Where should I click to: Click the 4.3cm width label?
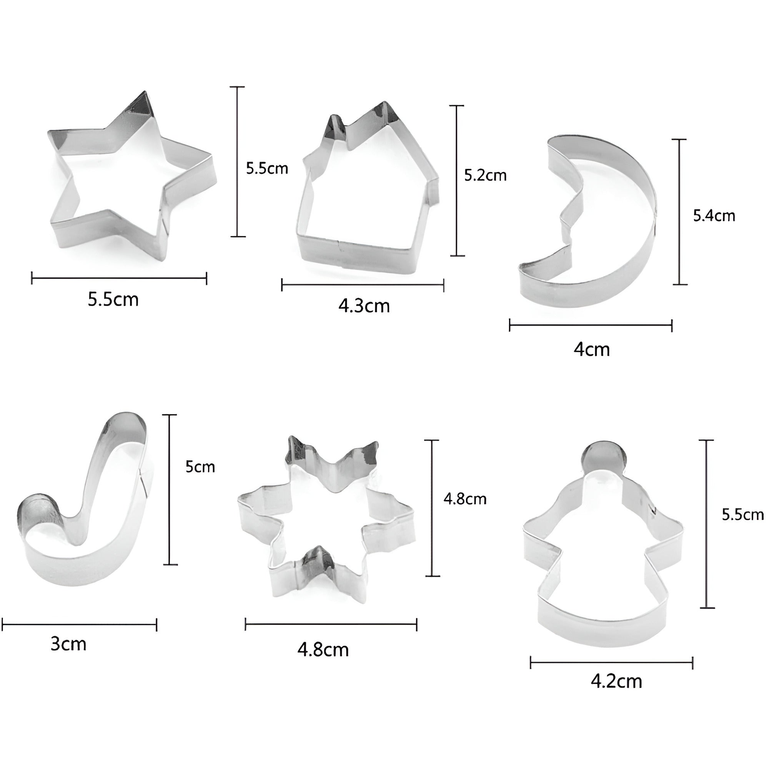click(x=364, y=306)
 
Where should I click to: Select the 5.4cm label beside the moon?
click(x=714, y=216)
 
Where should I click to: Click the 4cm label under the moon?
click(x=591, y=350)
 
